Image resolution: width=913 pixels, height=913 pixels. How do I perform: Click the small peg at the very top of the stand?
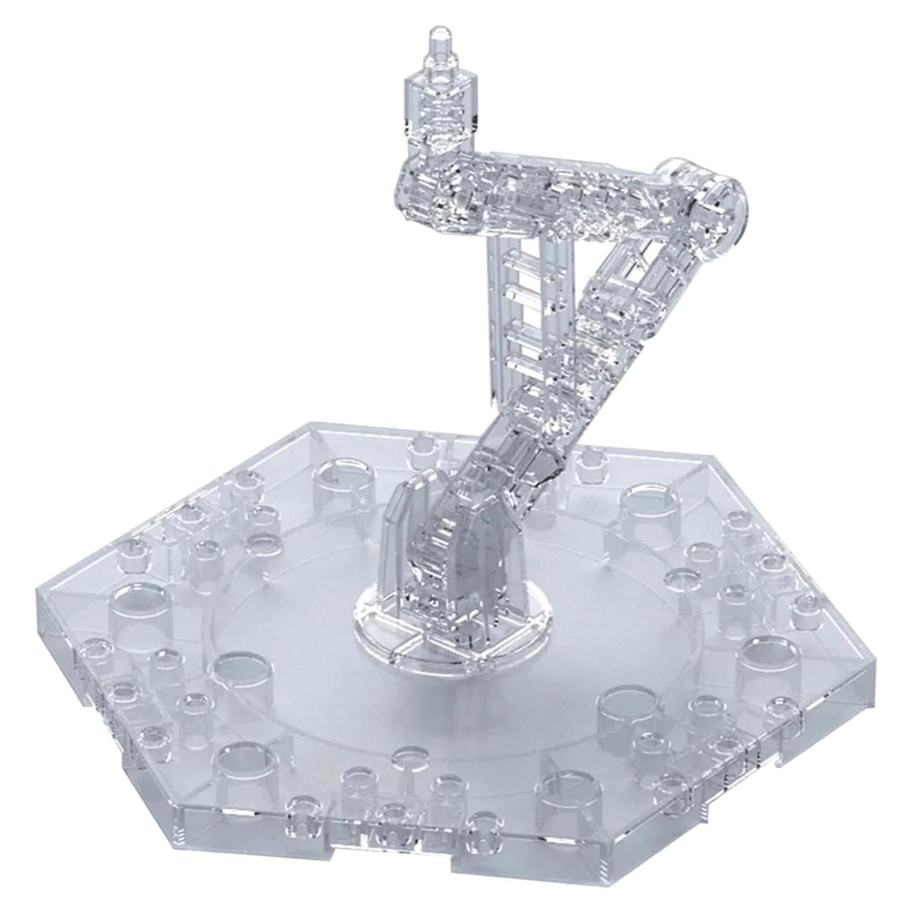pos(439,44)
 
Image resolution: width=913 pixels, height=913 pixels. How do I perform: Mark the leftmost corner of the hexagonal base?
pos(37,582)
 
